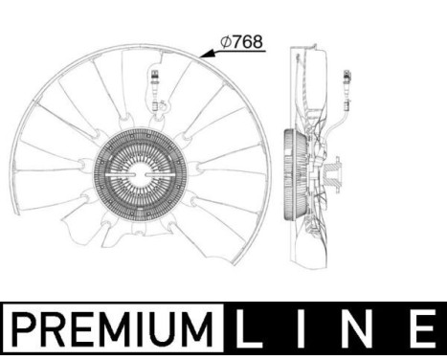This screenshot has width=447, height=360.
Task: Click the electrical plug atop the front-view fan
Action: (x=153, y=79)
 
